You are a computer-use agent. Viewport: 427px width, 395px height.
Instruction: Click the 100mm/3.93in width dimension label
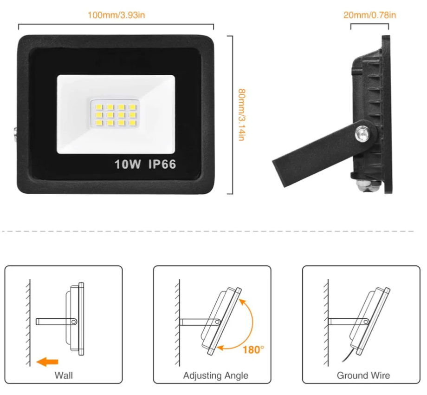pos(116,15)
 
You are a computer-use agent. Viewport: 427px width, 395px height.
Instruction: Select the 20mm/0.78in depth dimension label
pos(369,15)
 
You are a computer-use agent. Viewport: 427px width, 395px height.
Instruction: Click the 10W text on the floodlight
pos(128,164)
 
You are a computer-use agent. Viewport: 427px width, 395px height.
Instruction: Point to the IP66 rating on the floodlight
pos(162,164)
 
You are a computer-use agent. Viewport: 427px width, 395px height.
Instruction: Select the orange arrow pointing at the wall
pos(48,361)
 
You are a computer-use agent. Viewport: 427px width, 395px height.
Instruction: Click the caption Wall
pos(64,375)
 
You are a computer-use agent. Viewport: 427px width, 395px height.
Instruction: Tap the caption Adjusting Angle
pos(215,375)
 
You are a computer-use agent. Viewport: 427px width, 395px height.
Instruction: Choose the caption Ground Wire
pos(363,375)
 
